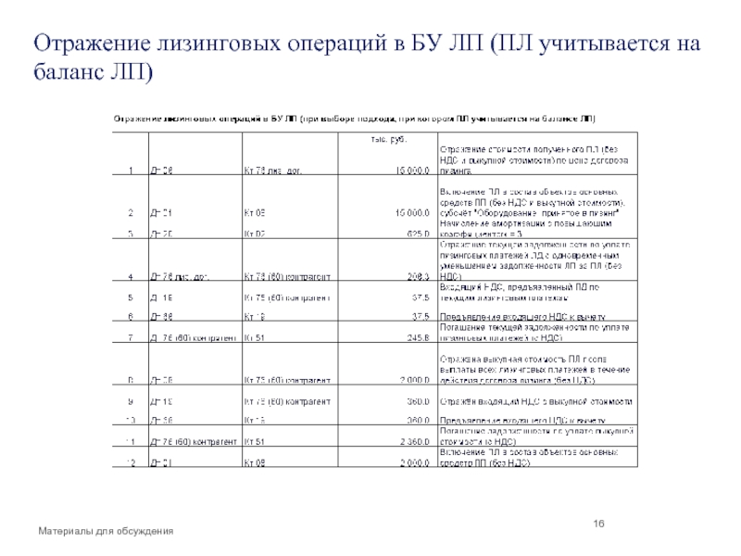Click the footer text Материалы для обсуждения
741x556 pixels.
pos(106,530)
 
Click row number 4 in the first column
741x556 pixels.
pos(132,275)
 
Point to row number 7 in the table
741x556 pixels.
pos(132,336)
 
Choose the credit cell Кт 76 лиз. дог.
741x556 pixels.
pos(273,171)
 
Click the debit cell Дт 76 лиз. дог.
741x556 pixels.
pos(181,275)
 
